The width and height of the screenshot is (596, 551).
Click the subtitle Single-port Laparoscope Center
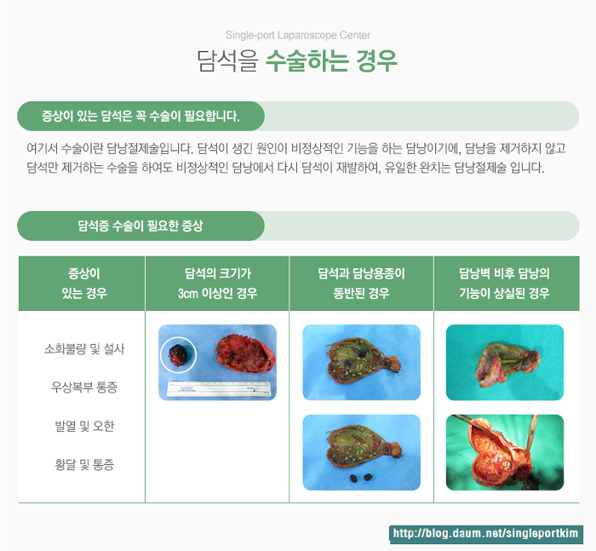click(298, 35)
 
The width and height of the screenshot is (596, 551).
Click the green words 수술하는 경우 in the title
click(331, 60)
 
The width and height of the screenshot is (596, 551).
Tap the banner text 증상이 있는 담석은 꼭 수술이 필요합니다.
click(140, 116)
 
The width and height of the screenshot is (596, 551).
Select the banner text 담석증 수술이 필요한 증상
click(140, 226)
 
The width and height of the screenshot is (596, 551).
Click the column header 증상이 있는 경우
click(84, 284)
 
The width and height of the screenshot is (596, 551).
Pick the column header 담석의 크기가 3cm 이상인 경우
click(217, 284)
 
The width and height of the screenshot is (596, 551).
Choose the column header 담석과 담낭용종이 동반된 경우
click(361, 284)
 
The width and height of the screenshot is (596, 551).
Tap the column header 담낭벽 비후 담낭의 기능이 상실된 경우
click(504, 284)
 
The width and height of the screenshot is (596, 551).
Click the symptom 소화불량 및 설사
click(84, 348)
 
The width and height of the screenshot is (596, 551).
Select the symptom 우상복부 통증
click(84, 387)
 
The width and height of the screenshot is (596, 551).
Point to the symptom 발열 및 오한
click(84, 426)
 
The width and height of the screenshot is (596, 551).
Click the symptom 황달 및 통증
click(84, 464)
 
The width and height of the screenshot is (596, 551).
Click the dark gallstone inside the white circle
click(177, 355)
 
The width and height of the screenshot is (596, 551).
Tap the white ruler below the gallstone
click(219, 388)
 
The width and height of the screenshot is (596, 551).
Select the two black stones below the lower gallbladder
click(361, 478)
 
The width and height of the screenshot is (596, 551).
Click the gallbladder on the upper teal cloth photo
click(507, 364)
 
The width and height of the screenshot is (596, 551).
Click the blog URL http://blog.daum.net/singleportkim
click(485, 533)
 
